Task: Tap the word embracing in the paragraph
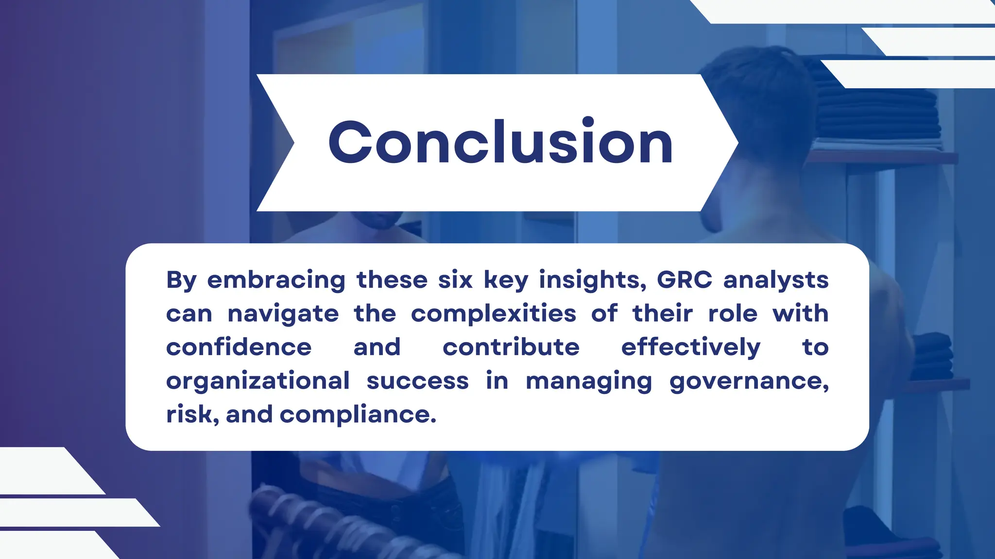276,280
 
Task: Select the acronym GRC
684,279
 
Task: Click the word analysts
775,280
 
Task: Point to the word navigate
283,314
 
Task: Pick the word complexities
493,314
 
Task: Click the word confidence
239,347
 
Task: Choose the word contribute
511,347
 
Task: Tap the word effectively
690,347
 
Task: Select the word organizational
257,381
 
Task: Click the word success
417,381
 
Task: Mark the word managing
588,381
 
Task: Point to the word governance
749,381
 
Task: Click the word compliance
358,415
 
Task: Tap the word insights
592,280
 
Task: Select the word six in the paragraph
455,280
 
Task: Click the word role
733,313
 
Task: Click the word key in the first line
505,280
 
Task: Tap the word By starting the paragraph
181,280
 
